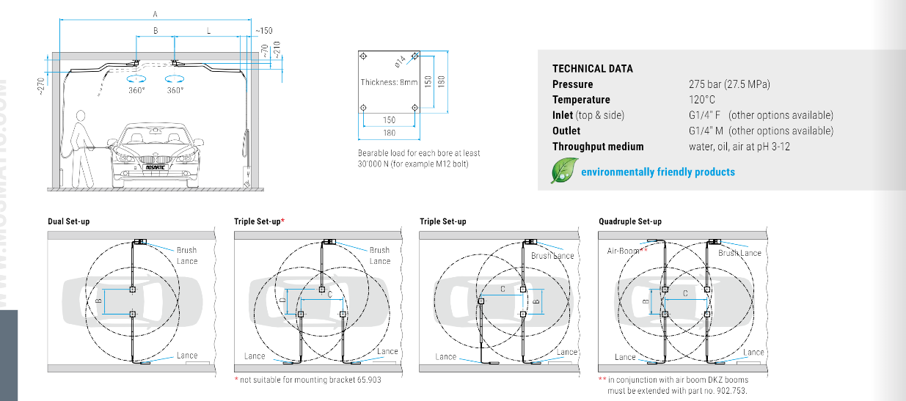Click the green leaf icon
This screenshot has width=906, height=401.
pyautogui.click(x=563, y=171)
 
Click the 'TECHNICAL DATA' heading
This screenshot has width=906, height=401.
pyautogui.click(x=592, y=69)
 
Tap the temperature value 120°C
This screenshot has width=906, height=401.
pyautogui.click(x=701, y=100)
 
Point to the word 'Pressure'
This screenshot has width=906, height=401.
pyautogui.click(x=572, y=84)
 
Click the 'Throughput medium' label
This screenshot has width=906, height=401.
pyautogui.click(x=597, y=146)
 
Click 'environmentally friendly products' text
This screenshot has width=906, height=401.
pyautogui.click(x=657, y=172)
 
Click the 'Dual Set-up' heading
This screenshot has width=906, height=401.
pyautogui.click(x=69, y=221)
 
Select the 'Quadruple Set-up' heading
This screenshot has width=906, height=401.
pyautogui.click(x=629, y=221)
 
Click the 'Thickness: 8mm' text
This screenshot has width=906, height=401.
pyautogui.click(x=388, y=82)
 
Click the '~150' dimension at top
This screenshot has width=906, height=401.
pyautogui.click(x=264, y=31)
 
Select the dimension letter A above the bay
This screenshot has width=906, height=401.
pyautogui.click(x=155, y=13)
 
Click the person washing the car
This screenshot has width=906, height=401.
pyautogui.click(x=79, y=139)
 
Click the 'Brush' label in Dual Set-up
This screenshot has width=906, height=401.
pyautogui.click(x=186, y=250)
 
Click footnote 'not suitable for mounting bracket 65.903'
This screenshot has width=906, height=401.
pyautogui.click(x=310, y=380)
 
